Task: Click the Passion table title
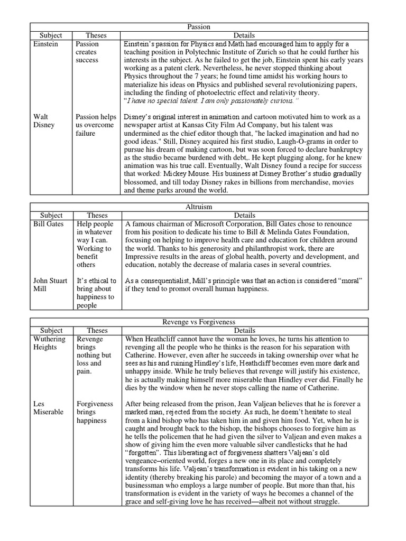pyautogui.click(x=199, y=26)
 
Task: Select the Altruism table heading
pyautogui.click(x=199, y=207)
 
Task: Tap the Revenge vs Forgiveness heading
pyautogui.click(x=199, y=322)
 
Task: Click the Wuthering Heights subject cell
pyautogui.click(x=49, y=343)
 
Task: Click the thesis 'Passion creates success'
pyautogui.click(x=87, y=52)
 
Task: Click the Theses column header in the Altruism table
pyautogui.click(x=96, y=216)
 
